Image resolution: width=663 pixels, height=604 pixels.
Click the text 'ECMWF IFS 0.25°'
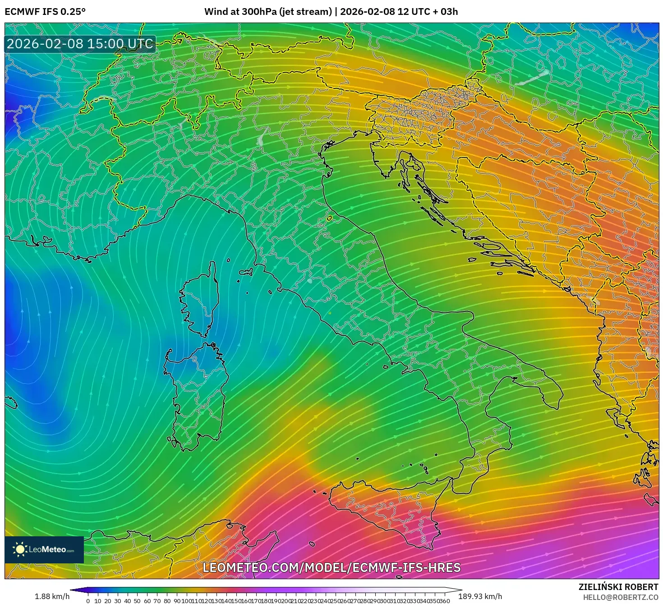click(x=45, y=12)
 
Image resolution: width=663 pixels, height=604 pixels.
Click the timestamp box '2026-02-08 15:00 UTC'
click(x=80, y=44)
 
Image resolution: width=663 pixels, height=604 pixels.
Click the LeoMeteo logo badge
click(x=44, y=549)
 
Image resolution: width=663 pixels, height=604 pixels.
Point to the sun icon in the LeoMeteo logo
click(x=20, y=549)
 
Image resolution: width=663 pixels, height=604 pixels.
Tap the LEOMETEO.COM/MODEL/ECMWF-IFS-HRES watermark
click(x=331, y=567)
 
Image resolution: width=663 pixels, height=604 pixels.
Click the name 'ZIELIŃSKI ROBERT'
click(x=618, y=587)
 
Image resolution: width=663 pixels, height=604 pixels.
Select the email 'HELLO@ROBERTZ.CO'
click(x=618, y=597)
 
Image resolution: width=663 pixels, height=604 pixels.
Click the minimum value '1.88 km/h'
click(x=52, y=596)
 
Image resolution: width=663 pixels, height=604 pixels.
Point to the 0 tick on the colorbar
click(x=88, y=600)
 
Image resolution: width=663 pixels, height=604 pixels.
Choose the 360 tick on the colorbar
click(x=445, y=600)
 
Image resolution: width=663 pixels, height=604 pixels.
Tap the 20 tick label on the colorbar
click(x=108, y=600)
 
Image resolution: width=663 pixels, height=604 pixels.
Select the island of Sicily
click(x=388, y=510)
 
